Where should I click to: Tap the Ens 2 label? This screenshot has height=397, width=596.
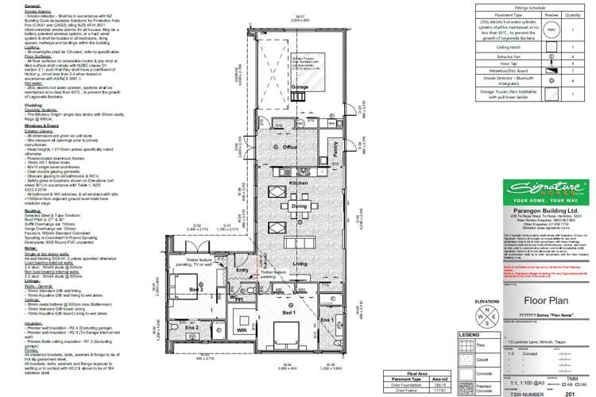(191, 327)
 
